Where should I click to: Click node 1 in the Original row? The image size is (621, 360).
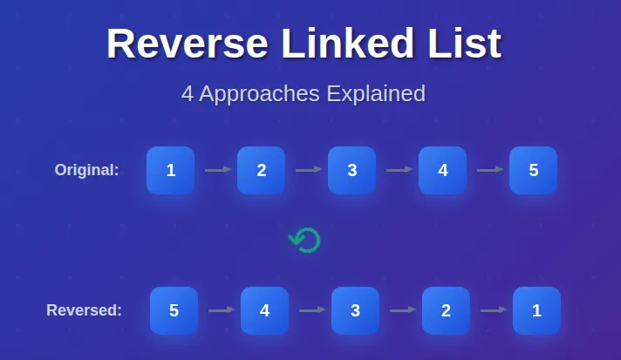[170, 170]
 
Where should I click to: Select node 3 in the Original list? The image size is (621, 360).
[351, 170]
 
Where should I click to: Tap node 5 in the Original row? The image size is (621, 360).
[533, 170]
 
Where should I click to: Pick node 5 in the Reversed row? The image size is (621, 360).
[174, 310]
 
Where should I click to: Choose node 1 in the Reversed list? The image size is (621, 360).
[536, 310]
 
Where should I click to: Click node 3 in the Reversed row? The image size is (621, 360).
[355, 310]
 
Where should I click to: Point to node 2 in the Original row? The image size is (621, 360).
[261, 170]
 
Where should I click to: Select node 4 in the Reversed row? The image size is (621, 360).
[264, 310]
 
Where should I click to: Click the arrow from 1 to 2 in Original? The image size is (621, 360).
[217, 170]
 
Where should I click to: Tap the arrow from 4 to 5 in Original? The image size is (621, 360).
[489, 170]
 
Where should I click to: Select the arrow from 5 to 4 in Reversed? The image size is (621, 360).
[221, 309]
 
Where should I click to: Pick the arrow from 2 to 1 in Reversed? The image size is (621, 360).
[493, 309]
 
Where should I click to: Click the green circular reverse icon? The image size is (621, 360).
[304, 240]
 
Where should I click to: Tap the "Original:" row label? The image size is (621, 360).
[86, 170]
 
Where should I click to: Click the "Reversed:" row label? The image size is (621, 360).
[84, 310]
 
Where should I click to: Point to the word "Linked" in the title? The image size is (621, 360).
[351, 44]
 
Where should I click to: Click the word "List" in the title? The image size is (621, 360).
[468, 44]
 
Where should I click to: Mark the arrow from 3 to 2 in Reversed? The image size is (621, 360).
[402, 309]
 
